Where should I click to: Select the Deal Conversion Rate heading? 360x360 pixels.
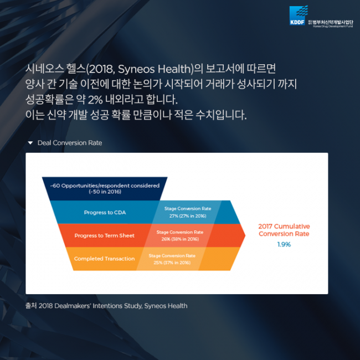tap(70, 143)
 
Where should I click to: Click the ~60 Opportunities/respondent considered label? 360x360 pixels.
tap(105, 186)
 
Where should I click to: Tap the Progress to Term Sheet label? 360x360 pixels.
tap(105, 235)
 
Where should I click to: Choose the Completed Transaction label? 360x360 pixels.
tap(104, 259)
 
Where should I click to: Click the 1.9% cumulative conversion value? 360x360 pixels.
tap(284, 244)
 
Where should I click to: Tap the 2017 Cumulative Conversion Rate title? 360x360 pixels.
tap(284, 230)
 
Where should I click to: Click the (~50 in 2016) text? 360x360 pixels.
tap(105, 192)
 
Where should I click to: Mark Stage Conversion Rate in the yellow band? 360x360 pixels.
tap(172, 256)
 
